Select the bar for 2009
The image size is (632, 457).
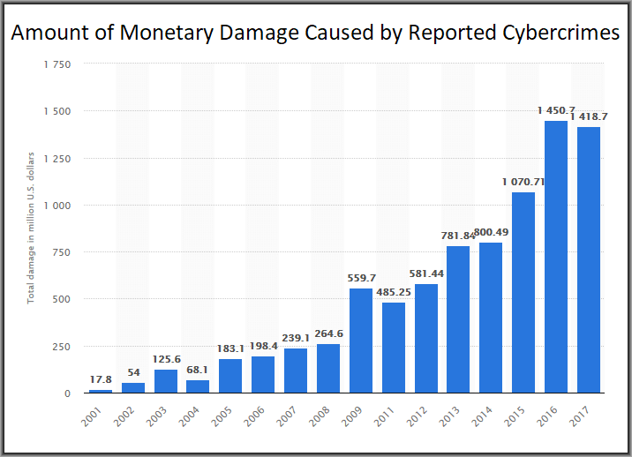[361, 341]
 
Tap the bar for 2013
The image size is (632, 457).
[458, 319]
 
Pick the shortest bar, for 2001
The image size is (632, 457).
[101, 390]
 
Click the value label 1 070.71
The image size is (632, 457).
[523, 182]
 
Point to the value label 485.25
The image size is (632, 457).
[394, 292]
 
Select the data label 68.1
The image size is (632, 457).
[199, 370]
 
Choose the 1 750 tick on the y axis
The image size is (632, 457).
[57, 64]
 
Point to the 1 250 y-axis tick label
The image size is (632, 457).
[57, 159]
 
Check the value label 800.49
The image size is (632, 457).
[491, 232]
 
